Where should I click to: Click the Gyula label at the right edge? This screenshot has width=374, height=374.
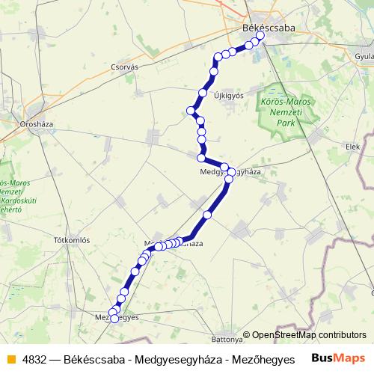364,56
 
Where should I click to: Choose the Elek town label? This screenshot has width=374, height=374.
352,147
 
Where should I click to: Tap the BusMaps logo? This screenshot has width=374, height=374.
338,358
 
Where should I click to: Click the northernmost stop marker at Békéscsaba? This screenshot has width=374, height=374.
260,35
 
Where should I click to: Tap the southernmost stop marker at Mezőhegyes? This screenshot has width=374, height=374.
114,328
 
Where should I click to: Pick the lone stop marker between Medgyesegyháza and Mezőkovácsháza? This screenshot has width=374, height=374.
208,215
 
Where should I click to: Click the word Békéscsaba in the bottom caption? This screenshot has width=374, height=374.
93,358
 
